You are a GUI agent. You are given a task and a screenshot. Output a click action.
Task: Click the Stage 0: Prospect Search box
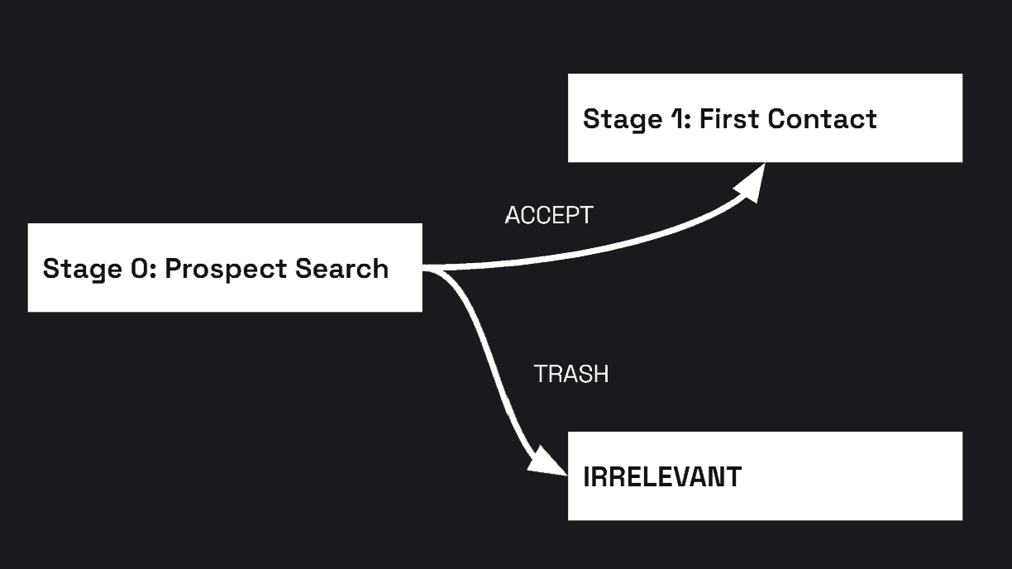point(225,267)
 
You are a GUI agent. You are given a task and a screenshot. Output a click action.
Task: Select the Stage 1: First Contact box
point(765,117)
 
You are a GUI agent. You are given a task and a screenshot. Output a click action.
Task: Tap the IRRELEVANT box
point(765,476)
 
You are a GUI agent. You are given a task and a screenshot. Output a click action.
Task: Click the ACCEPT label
point(549,215)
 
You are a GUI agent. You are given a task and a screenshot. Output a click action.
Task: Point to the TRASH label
point(571,374)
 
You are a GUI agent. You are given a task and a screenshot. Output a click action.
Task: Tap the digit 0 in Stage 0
point(138,268)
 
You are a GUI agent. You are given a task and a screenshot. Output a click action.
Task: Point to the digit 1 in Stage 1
point(677,118)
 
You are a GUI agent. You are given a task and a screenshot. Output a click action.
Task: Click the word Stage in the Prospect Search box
point(81,269)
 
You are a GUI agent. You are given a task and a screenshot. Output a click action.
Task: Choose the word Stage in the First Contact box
point(621,119)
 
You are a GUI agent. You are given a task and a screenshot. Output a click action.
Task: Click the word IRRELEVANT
point(662,477)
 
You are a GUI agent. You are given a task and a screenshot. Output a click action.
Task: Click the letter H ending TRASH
point(601,374)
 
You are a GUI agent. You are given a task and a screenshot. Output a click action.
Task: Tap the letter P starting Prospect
point(172,268)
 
